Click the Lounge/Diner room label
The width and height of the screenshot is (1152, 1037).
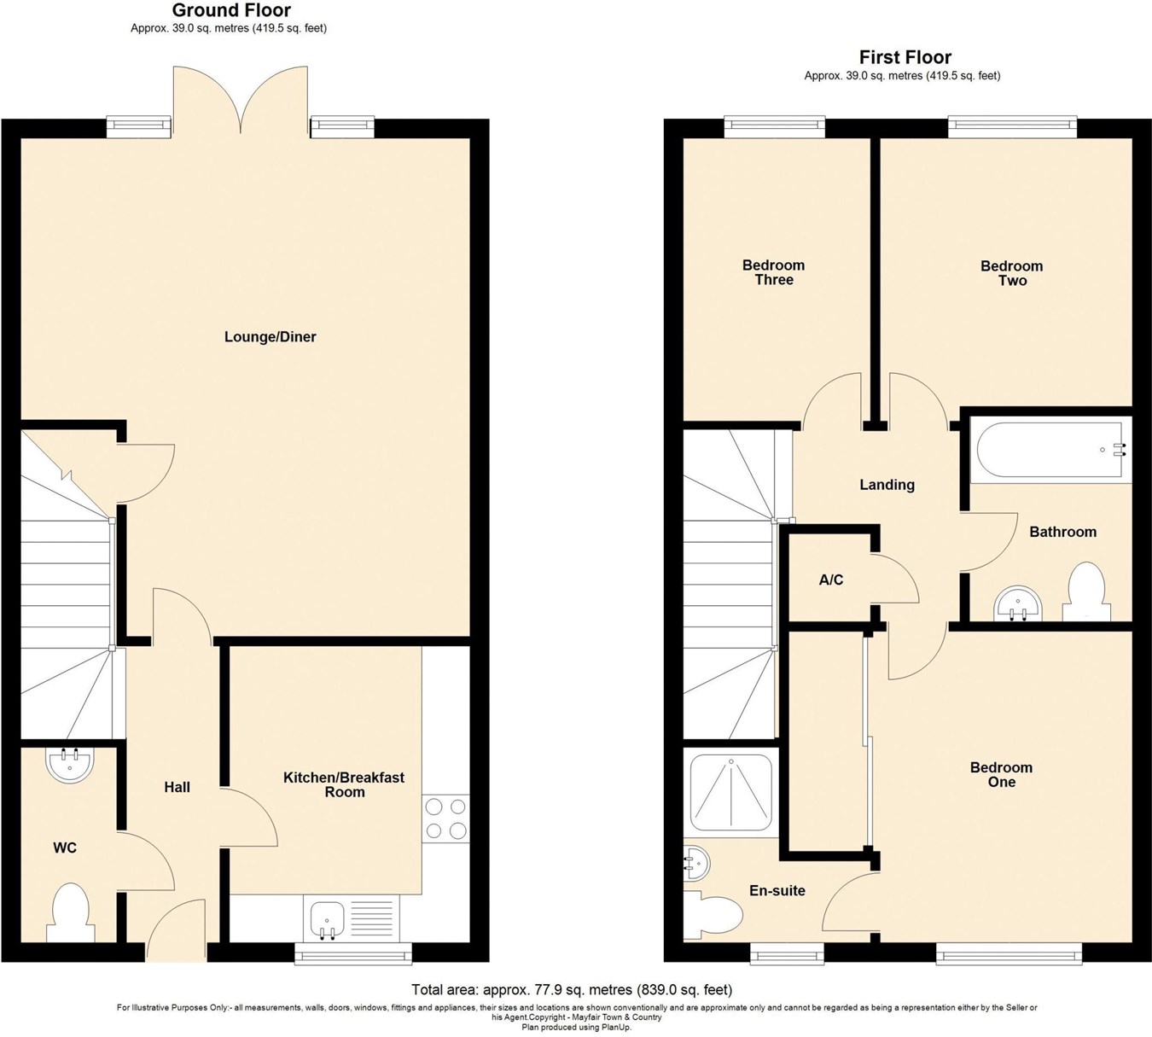270,337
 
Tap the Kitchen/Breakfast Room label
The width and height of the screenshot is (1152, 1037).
344,784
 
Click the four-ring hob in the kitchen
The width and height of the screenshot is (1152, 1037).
445,819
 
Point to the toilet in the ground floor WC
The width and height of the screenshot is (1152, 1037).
71,912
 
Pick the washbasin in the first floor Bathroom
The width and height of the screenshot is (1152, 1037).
1017,603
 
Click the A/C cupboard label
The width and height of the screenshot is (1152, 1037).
830,580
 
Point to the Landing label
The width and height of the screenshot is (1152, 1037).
887,485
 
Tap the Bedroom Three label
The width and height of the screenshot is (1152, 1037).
773,272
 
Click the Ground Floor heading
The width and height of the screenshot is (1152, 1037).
231,11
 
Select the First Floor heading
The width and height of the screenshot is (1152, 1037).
905,57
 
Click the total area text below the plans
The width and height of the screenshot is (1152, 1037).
572,990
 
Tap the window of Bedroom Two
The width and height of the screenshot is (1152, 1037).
1012,127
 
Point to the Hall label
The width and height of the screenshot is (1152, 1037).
177,787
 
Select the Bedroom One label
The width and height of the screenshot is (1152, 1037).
1001,775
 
